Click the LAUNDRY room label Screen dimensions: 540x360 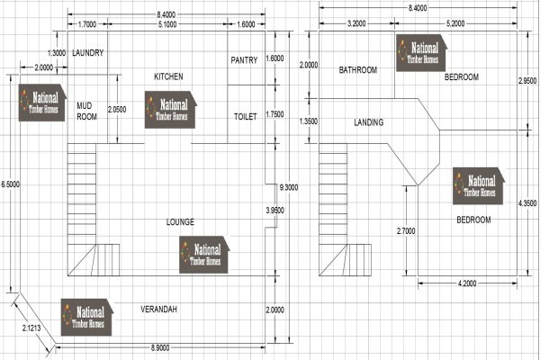[x=88, y=53]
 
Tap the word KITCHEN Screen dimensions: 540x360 [x=168, y=76]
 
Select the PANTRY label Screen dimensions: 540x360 [x=244, y=60]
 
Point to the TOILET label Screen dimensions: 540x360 [x=245, y=116]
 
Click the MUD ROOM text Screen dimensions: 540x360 [x=86, y=111]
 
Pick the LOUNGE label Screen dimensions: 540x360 [x=180, y=222]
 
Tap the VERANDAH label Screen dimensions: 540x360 [x=158, y=309]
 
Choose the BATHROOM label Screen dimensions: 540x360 [x=358, y=70]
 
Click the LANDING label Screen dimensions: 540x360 [x=368, y=122]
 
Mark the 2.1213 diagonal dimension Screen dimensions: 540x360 [x=31, y=328]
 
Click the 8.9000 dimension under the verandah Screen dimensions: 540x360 [x=160, y=347]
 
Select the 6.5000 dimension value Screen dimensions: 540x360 [x=10, y=184]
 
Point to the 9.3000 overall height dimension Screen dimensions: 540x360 [x=289, y=187]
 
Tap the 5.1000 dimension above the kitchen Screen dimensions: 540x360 [x=167, y=24]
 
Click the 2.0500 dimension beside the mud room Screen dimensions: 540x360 [x=117, y=109]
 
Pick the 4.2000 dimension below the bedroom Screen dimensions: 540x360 [x=467, y=283]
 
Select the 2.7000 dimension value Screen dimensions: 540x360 [x=406, y=230]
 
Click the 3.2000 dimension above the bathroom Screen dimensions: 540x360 [x=356, y=23]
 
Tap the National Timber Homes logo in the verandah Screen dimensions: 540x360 [x=87, y=318]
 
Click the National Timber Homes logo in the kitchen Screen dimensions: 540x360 [x=171, y=110]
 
